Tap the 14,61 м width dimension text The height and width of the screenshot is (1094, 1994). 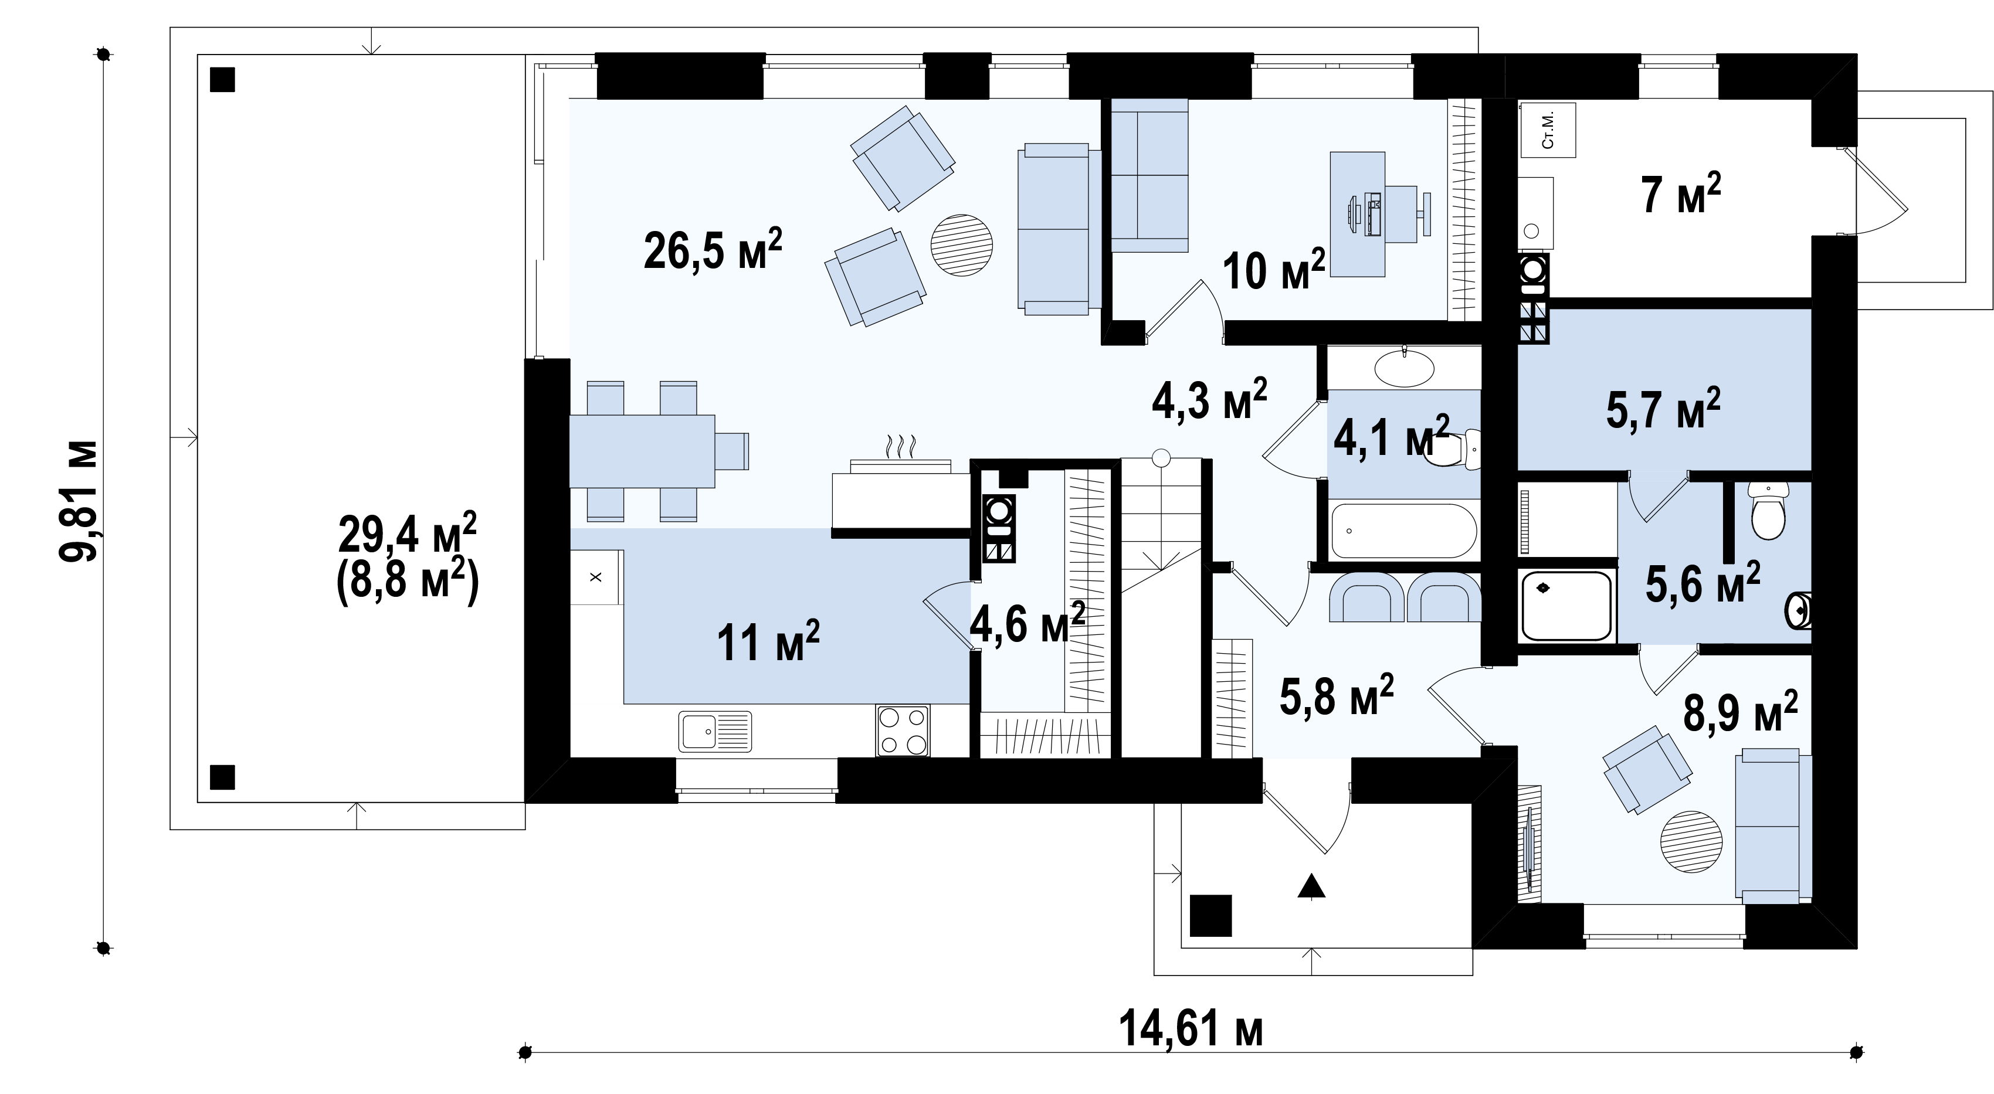[x=1191, y=1030]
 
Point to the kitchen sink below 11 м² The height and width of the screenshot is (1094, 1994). [x=715, y=731]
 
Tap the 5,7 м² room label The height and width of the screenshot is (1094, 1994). [x=1663, y=409]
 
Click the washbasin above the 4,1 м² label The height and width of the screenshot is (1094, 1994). [x=1403, y=368]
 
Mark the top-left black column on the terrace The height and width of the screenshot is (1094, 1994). [x=222, y=80]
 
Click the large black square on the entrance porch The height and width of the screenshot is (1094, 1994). [x=1210, y=915]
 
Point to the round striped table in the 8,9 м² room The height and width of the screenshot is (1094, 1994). [x=1691, y=842]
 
